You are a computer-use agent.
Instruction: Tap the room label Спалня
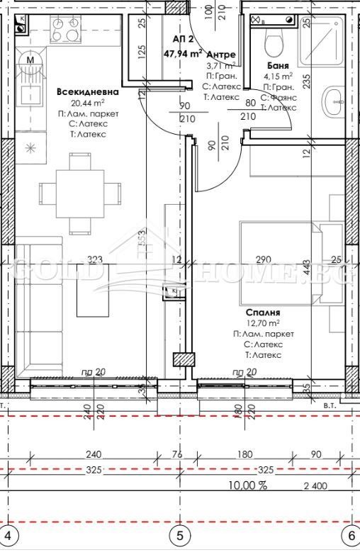coord(263,312)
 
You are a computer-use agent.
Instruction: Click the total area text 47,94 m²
coord(184,52)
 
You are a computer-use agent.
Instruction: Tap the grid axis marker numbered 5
coord(179,536)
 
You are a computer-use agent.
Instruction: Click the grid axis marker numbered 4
coord(9,536)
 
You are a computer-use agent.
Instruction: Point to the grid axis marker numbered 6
coord(350,536)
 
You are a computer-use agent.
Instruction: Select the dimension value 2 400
coord(317,485)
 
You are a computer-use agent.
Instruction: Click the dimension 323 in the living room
coord(96,260)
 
